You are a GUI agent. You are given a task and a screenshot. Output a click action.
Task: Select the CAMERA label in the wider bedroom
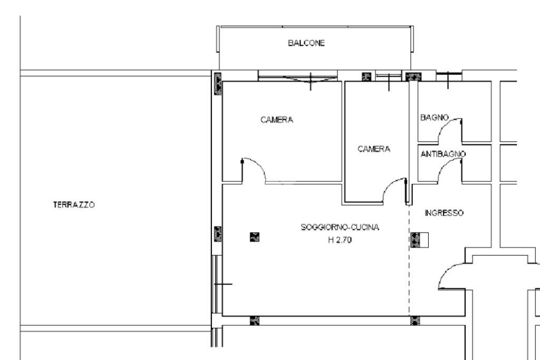[x=277, y=120]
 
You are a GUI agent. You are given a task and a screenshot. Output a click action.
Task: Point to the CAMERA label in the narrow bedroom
[x=374, y=149]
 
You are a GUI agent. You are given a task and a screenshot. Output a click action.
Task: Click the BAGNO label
[x=433, y=117]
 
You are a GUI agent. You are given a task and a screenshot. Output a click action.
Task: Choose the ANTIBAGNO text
[x=443, y=154]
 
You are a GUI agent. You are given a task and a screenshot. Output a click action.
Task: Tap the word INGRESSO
[x=444, y=213]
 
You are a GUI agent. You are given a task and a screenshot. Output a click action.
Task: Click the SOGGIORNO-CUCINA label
[x=340, y=228]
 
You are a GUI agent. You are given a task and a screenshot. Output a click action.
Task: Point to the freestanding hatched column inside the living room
[x=254, y=237]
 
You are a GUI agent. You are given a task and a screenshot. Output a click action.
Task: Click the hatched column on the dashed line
[x=416, y=240]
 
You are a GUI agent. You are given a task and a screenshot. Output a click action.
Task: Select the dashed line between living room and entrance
[x=410, y=274]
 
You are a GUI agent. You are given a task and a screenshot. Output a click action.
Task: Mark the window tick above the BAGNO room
[x=447, y=78]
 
